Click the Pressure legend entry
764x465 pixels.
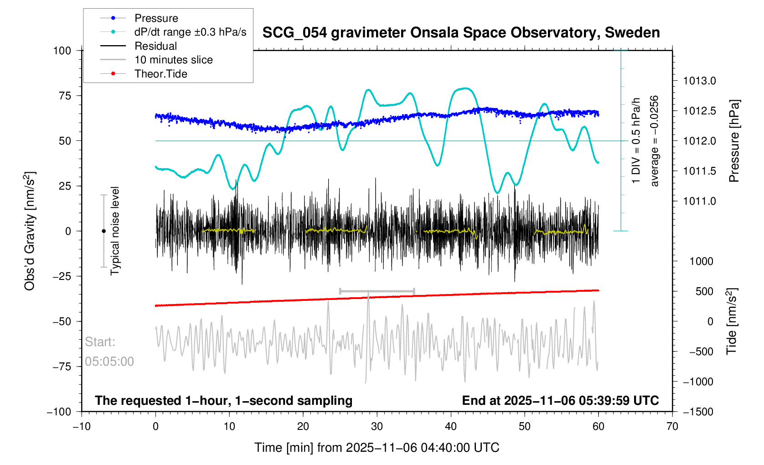pos(156,18)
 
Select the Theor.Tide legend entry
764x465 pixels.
pos(160,74)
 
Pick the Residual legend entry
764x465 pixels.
pos(155,46)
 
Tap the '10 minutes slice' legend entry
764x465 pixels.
pos(173,60)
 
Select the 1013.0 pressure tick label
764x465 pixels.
pos(699,81)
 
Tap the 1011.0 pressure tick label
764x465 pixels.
pos(699,201)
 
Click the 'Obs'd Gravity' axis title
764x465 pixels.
pos(30,231)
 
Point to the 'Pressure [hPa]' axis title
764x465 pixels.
pos(734,141)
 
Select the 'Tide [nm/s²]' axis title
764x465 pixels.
pos(732,321)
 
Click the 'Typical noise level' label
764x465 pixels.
pos(115,231)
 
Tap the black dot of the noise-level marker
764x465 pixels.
pos(103,231)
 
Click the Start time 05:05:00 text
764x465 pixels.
pos(109,362)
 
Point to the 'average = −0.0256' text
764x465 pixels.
pos(655,141)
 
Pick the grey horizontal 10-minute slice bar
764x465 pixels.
pos(377,291)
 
